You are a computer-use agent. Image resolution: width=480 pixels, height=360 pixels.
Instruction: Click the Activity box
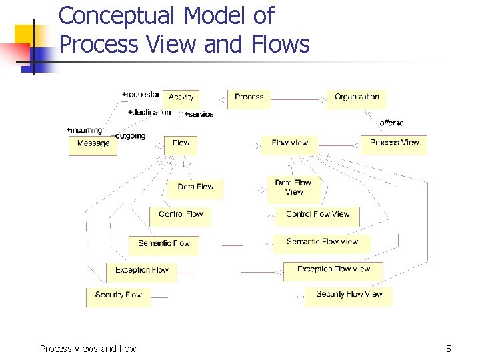181,97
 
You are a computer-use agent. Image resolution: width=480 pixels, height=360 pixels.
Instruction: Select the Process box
249,97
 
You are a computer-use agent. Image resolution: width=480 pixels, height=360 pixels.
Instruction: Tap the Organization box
357,97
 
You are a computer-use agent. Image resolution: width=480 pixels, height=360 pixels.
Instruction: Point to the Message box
93,144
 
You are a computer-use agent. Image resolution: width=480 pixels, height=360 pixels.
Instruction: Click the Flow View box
290,143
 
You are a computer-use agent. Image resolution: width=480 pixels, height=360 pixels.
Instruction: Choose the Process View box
394,143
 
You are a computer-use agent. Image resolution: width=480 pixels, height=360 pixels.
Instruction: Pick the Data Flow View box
293,187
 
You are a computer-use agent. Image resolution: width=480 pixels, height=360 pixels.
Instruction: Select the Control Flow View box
317,215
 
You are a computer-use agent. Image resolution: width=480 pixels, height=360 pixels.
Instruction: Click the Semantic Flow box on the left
164,244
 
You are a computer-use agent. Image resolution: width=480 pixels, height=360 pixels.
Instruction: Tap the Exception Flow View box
333,269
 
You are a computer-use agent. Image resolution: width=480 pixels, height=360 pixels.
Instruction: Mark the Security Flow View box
349,295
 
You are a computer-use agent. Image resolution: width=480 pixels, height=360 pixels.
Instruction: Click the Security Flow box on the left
119,295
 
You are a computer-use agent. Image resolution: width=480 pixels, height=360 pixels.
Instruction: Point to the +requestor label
141,95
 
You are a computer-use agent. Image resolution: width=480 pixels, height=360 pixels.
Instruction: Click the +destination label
149,113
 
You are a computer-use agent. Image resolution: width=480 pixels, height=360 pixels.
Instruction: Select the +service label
199,115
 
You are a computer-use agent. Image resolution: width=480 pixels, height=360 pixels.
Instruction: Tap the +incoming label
85,130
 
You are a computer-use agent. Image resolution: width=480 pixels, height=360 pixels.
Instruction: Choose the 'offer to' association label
391,123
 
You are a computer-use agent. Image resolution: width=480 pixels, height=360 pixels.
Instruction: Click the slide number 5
449,349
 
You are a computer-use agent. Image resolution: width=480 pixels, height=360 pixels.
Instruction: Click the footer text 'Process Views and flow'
88,349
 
